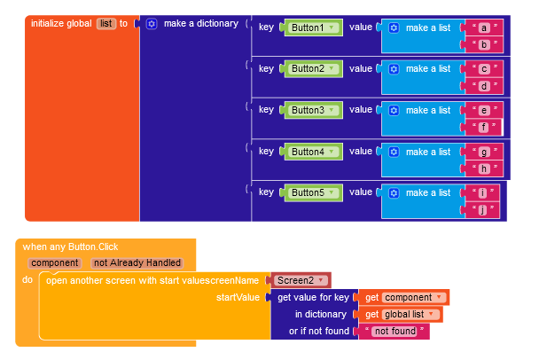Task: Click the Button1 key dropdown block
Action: (312, 27)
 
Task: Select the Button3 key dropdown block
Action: (312, 110)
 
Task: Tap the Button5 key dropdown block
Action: (312, 193)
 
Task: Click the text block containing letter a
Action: (483, 27)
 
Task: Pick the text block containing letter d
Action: (483, 86)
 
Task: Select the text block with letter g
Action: (483, 152)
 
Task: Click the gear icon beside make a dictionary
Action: (152, 24)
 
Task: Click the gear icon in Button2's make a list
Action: (394, 69)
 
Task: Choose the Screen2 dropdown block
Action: (300, 280)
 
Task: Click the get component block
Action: (402, 298)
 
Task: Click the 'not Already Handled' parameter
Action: (137, 263)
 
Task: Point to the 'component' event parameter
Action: (55, 263)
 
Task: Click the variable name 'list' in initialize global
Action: (106, 24)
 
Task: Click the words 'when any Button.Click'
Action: (70, 247)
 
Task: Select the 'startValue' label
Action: (238, 298)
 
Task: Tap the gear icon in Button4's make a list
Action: (394, 153)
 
